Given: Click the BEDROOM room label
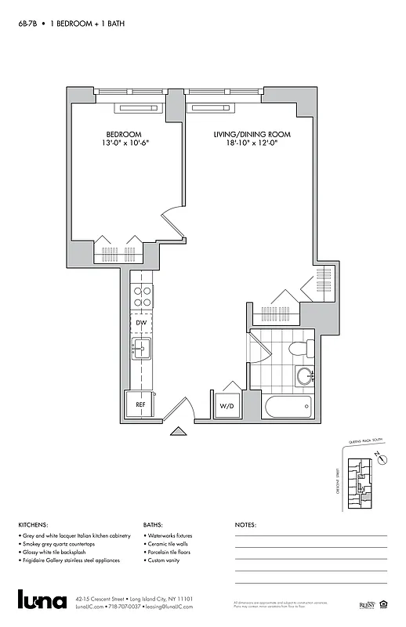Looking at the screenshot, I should click(x=124, y=135).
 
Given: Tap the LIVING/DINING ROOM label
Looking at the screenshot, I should click(x=252, y=135).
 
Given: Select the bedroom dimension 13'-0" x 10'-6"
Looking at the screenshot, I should click(x=124, y=144).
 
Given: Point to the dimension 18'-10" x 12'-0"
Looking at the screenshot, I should click(x=252, y=144).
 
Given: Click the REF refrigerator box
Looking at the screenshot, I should click(x=140, y=404).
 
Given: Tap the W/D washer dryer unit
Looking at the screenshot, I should click(x=227, y=406).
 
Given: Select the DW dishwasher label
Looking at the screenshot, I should click(x=141, y=323).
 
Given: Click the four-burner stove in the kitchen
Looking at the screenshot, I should click(x=142, y=296).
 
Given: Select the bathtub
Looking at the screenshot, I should click(x=288, y=407).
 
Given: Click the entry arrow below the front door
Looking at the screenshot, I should click(x=179, y=430).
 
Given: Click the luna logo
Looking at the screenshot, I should click(x=42, y=599).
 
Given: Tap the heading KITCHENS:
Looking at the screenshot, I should click(x=33, y=525).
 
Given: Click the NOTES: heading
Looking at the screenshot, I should click(x=245, y=525).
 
